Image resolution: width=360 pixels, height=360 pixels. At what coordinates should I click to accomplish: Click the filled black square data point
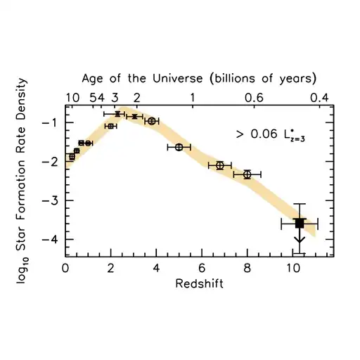[299, 223]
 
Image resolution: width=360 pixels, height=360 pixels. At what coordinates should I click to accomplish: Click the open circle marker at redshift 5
[179, 147]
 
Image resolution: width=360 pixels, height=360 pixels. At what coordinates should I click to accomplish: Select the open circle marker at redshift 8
[247, 174]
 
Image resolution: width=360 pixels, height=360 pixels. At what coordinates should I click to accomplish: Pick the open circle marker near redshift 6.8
[220, 165]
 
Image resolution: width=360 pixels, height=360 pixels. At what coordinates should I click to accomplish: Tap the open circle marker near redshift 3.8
[152, 121]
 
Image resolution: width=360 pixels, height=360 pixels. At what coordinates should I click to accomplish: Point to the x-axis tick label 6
[202, 267]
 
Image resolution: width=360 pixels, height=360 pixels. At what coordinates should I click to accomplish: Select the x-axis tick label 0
[65, 267]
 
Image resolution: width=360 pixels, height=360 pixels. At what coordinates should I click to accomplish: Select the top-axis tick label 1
[193, 97]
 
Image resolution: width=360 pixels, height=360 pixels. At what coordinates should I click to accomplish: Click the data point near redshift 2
[110, 126]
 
